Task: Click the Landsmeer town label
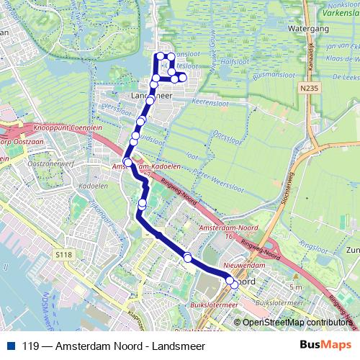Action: pos(152,94)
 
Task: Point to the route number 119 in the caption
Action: pos(30,346)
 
